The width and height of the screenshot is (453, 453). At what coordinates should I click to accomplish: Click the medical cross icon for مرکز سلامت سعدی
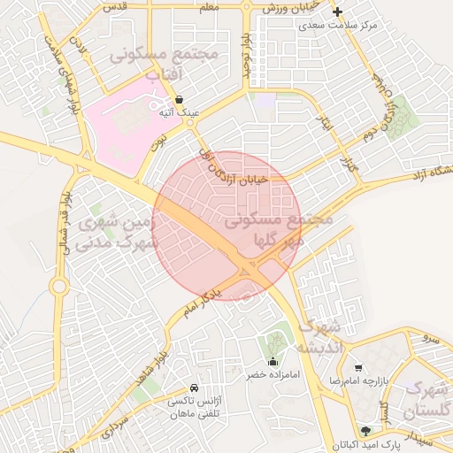tap(337, 12)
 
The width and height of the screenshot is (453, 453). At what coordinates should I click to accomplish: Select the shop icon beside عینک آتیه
tap(180, 101)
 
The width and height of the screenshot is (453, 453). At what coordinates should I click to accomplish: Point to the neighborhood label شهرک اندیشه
tap(319, 336)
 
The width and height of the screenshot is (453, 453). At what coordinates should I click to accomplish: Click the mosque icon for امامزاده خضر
tap(273, 361)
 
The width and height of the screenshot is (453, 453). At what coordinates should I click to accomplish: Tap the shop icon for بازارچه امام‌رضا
tap(357, 367)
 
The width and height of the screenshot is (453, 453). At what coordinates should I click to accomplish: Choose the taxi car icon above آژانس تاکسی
tap(194, 388)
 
